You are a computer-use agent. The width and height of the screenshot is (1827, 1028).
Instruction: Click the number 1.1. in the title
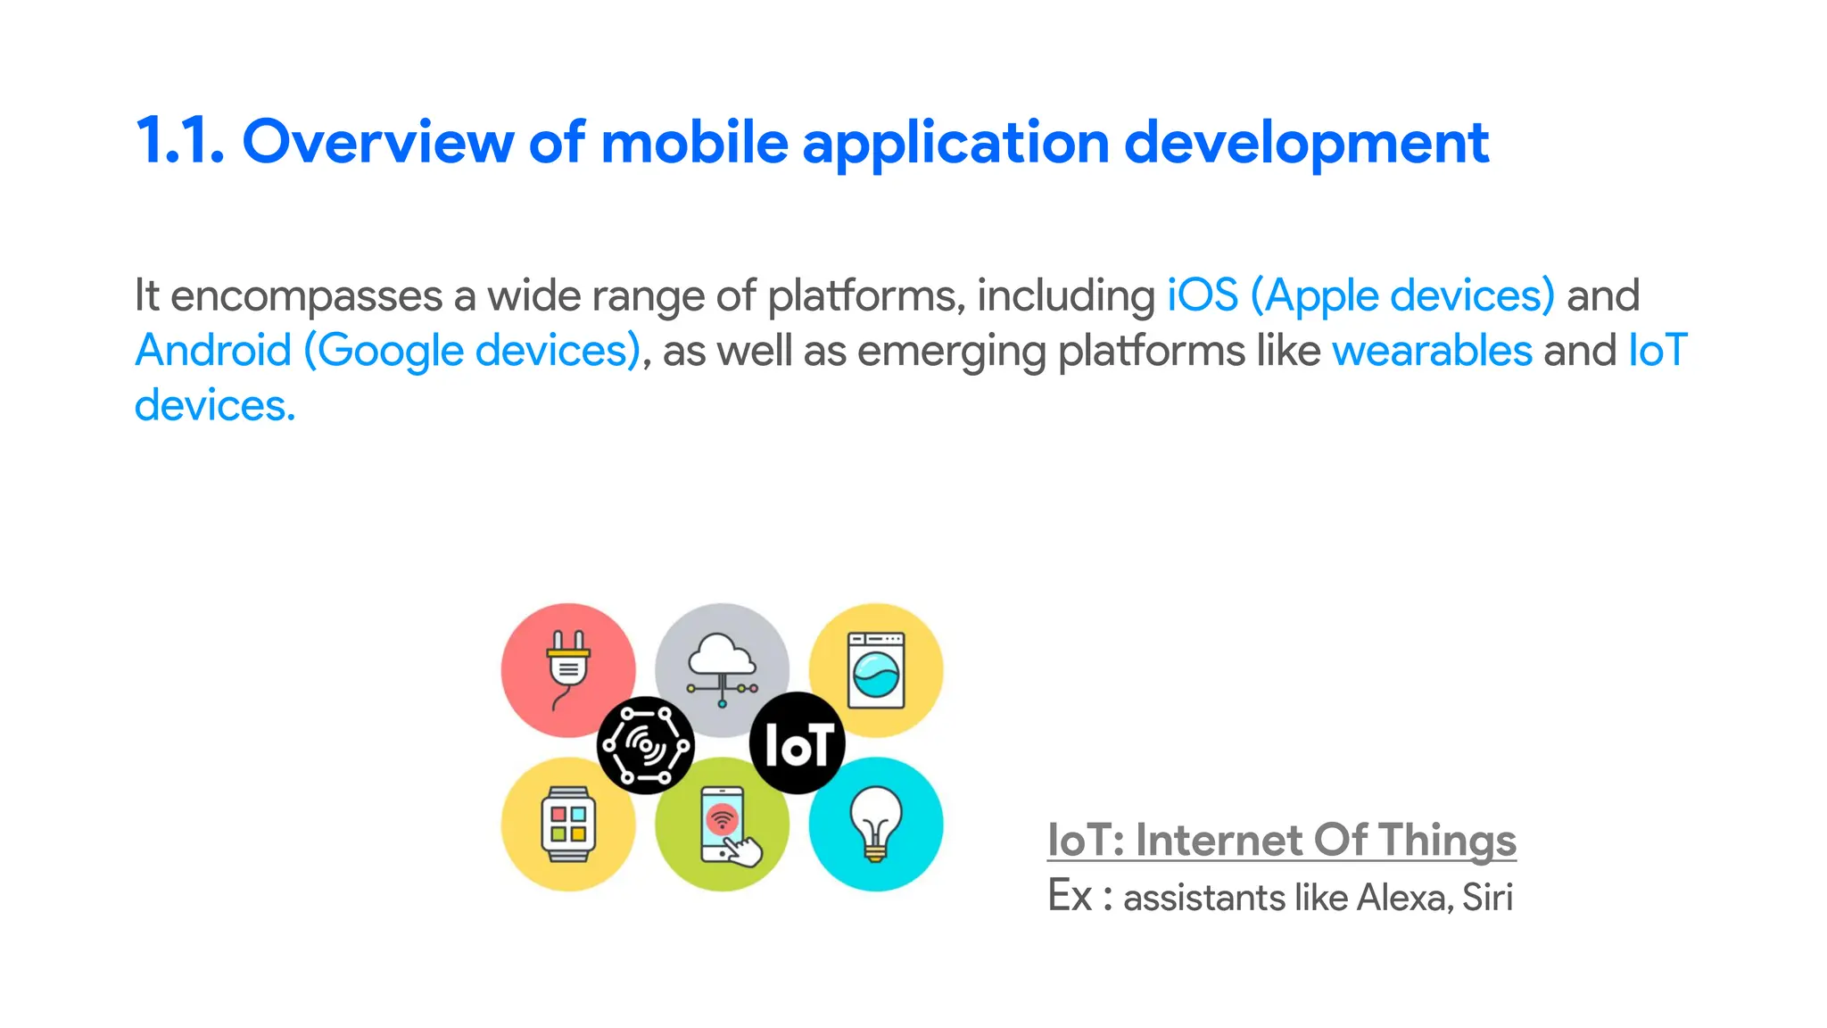pyautogui.click(x=179, y=143)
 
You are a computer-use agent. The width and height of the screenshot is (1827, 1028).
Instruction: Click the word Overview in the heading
pyautogui.click(x=377, y=143)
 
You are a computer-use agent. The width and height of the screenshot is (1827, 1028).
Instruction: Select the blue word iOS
pyautogui.click(x=1203, y=295)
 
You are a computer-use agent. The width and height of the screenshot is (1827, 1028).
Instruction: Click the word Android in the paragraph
pyautogui.click(x=213, y=350)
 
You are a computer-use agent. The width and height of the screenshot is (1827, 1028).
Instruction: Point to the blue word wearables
pyautogui.click(x=1432, y=350)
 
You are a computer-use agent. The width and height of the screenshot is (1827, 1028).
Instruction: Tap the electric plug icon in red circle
pyautogui.click(x=567, y=669)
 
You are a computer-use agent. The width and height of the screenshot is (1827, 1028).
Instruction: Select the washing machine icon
pyautogui.click(x=876, y=669)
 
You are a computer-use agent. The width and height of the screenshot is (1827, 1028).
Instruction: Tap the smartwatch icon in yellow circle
pyautogui.click(x=568, y=824)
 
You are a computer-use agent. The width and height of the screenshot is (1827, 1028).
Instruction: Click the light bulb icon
pyautogui.click(x=876, y=824)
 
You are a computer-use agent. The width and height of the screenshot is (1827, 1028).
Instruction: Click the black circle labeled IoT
pyautogui.click(x=798, y=743)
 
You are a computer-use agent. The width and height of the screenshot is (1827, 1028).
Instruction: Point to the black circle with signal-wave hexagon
pyautogui.click(x=645, y=744)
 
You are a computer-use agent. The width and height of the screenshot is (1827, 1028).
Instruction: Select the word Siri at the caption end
pyautogui.click(x=1487, y=897)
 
